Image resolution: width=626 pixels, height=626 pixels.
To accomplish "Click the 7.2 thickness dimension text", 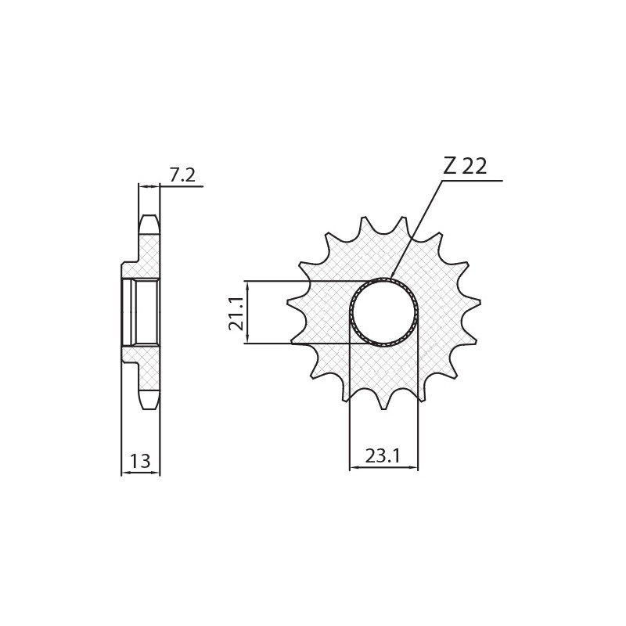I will pos(182,175).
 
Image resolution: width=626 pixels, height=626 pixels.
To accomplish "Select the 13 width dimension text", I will pos(140,462).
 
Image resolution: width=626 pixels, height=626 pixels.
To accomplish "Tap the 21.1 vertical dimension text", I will pos(236,312).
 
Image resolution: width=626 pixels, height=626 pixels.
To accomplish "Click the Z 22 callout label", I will pos(465,166).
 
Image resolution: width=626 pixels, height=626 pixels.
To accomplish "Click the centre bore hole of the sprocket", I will pos(383,312).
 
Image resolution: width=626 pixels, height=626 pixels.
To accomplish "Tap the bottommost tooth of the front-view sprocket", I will pos(383,403).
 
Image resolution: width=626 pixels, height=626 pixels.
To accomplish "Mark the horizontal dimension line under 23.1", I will pos(383,468).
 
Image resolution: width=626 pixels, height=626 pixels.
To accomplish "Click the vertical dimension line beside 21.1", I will pos(247,312).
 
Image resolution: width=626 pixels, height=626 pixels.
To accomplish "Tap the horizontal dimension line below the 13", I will pos(140,473).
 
